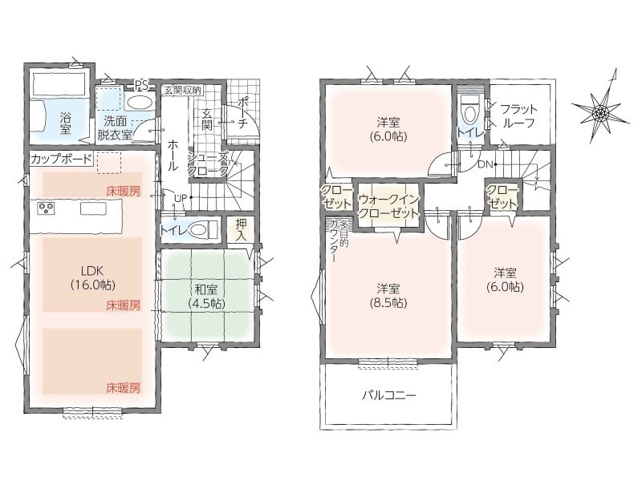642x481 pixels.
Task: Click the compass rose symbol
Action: (x=601, y=111)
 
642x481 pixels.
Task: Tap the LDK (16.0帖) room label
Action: (x=92, y=277)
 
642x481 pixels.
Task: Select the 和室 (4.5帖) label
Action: (x=206, y=296)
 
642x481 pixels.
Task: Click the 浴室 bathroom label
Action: (x=66, y=123)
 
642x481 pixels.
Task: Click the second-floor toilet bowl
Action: (x=470, y=111)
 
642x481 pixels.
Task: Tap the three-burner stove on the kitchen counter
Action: (x=45, y=208)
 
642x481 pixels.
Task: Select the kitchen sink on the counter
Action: (x=93, y=209)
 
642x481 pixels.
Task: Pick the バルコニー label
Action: (x=389, y=395)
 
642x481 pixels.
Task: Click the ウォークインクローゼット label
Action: (x=389, y=206)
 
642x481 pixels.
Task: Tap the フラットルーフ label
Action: (x=518, y=115)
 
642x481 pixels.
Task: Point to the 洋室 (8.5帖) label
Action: (x=388, y=295)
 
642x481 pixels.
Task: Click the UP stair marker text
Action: (x=181, y=198)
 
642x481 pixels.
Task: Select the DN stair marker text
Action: (x=485, y=164)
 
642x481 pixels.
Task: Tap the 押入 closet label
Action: (x=242, y=229)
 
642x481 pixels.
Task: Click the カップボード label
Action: (x=61, y=159)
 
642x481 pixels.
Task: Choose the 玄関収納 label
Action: (x=183, y=91)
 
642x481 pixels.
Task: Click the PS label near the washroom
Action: (x=141, y=85)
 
